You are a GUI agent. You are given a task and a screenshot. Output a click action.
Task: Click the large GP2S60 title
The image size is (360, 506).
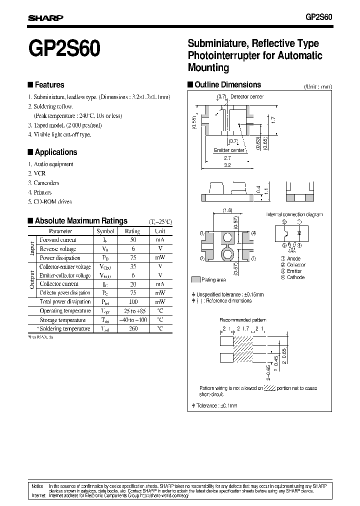(64, 50)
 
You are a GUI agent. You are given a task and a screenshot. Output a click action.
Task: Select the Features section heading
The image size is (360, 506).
(48, 85)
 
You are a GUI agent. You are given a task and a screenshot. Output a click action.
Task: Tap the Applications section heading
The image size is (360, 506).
(55, 152)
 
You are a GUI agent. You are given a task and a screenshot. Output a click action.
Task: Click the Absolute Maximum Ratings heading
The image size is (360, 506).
(80, 220)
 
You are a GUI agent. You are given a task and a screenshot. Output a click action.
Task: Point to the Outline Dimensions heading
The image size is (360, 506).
(227, 85)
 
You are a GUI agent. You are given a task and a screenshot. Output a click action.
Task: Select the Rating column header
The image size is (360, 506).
(132, 231)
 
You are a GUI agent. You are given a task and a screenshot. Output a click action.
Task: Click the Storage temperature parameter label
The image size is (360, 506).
(65, 319)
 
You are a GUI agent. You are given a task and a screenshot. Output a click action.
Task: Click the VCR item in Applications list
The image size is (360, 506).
(39, 173)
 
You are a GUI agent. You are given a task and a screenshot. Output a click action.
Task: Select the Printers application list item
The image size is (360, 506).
(42, 192)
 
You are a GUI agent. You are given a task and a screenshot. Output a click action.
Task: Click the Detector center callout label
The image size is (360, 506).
(247, 96)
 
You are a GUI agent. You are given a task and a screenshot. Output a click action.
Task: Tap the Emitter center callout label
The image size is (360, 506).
(229, 150)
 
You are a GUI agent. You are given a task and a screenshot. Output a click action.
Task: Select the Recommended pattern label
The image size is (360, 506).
(240, 319)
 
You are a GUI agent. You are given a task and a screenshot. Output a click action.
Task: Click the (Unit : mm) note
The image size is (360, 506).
(317, 86)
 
